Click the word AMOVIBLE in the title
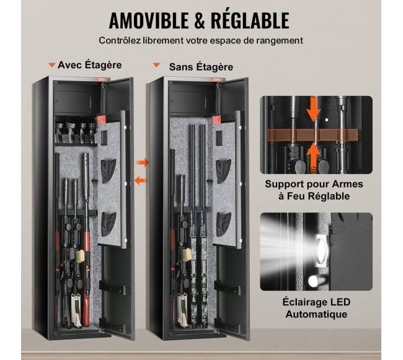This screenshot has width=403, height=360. [149, 20]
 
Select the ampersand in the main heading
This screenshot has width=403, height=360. [200, 20]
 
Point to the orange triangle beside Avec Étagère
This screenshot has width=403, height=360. [52, 65]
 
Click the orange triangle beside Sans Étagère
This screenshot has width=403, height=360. [156, 65]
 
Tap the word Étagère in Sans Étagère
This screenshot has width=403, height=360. [215, 67]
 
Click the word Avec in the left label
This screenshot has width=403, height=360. [68, 65]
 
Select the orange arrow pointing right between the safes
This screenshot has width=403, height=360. [142, 162]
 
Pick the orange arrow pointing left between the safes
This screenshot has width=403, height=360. [141, 180]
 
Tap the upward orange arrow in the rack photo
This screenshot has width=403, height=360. [312, 157]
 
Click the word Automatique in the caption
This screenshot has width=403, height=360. [316, 314]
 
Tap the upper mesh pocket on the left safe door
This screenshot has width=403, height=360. [108, 171]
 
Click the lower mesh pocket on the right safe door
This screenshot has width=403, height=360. [224, 224]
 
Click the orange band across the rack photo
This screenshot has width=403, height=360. [312, 135]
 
